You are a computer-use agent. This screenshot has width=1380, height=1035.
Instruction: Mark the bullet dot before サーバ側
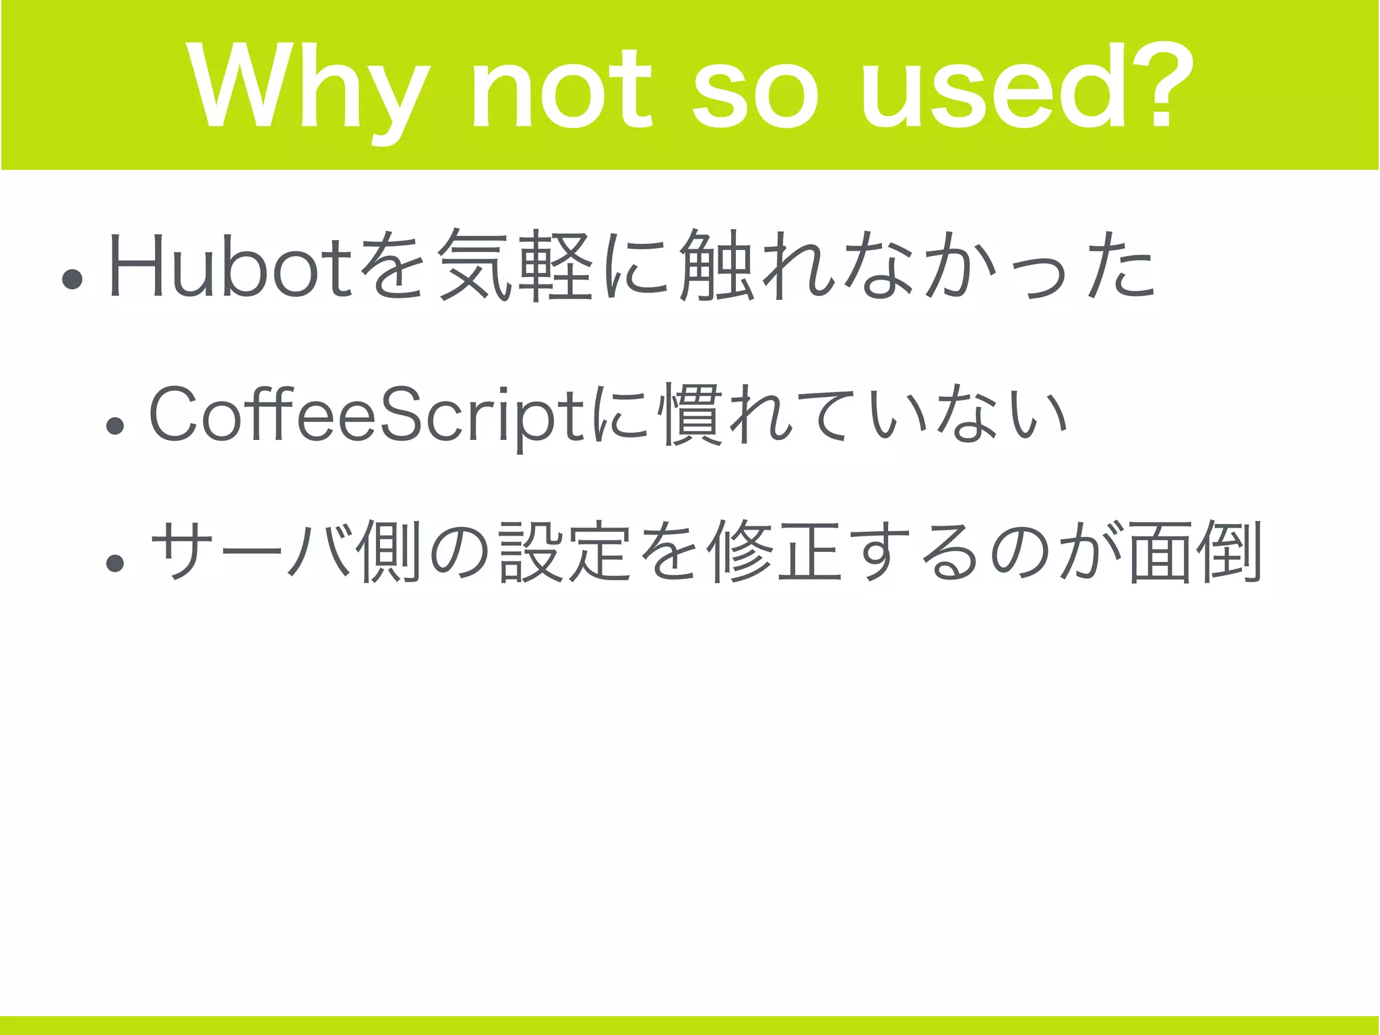click(x=115, y=562)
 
